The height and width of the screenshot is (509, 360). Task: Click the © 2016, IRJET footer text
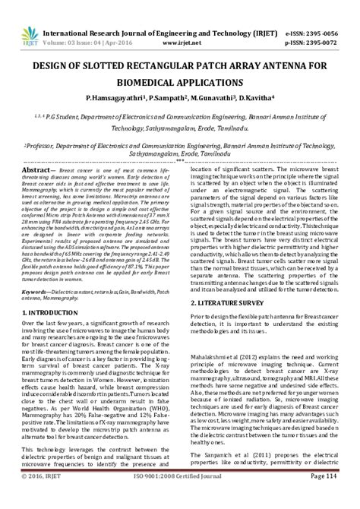44,497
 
